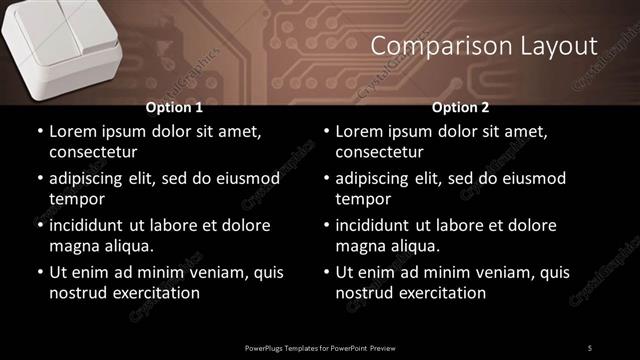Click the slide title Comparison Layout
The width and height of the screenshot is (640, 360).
(x=484, y=46)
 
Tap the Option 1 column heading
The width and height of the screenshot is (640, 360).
(x=174, y=107)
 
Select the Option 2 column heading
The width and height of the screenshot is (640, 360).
(x=460, y=107)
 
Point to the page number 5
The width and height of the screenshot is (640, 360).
(x=589, y=347)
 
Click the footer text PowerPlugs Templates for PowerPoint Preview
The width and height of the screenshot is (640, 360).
(x=319, y=347)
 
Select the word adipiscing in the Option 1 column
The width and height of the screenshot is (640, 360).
(x=90, y=178)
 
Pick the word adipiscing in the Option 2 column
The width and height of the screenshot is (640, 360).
(x=376, y=178)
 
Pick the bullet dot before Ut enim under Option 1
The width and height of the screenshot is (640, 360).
(x=39, y=272)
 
